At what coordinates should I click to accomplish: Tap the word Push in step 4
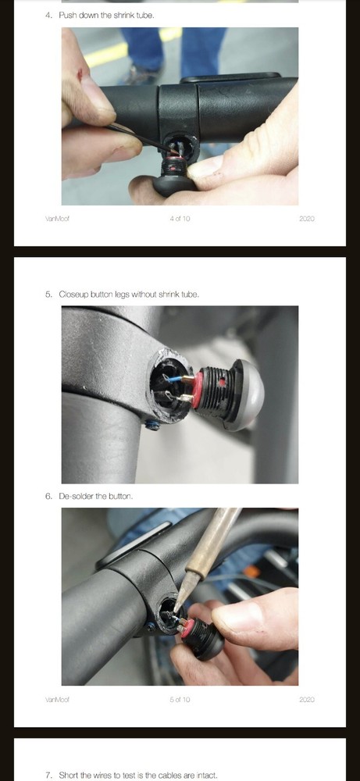point(67,15)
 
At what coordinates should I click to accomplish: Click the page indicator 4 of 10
point(180,219)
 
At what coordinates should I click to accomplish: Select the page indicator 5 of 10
point(180,700)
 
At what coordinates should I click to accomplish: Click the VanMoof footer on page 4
point(57,219)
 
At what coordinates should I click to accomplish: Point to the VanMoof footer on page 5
point(57,700)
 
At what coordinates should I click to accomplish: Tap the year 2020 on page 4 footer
point(306,219)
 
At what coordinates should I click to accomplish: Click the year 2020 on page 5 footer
point(306,700)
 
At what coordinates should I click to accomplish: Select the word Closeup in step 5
point(73,294)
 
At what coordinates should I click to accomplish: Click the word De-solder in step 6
point(77,496)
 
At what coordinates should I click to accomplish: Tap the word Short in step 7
point(68,775)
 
